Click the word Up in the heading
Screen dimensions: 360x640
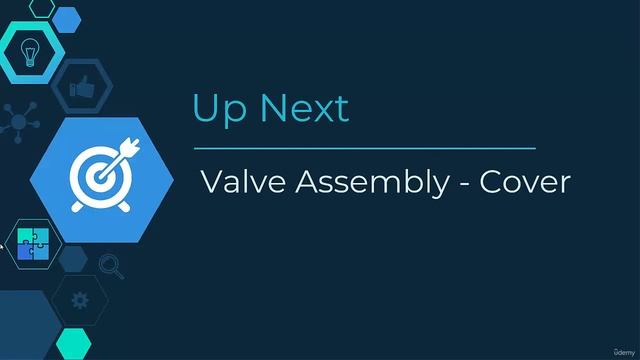pyautogui.click(x=215, y=108)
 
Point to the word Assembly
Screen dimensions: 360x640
pyautogui.click(x=365, y=184)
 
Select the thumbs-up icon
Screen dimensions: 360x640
pyautogui.click(x=83, y=89)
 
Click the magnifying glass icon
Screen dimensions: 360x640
pyautogui.click(x=110, y=266)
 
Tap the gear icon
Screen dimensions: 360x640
pyautogui.click(x=80, y=299)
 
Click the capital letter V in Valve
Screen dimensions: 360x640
pyautogui.click(x=211, y=182)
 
